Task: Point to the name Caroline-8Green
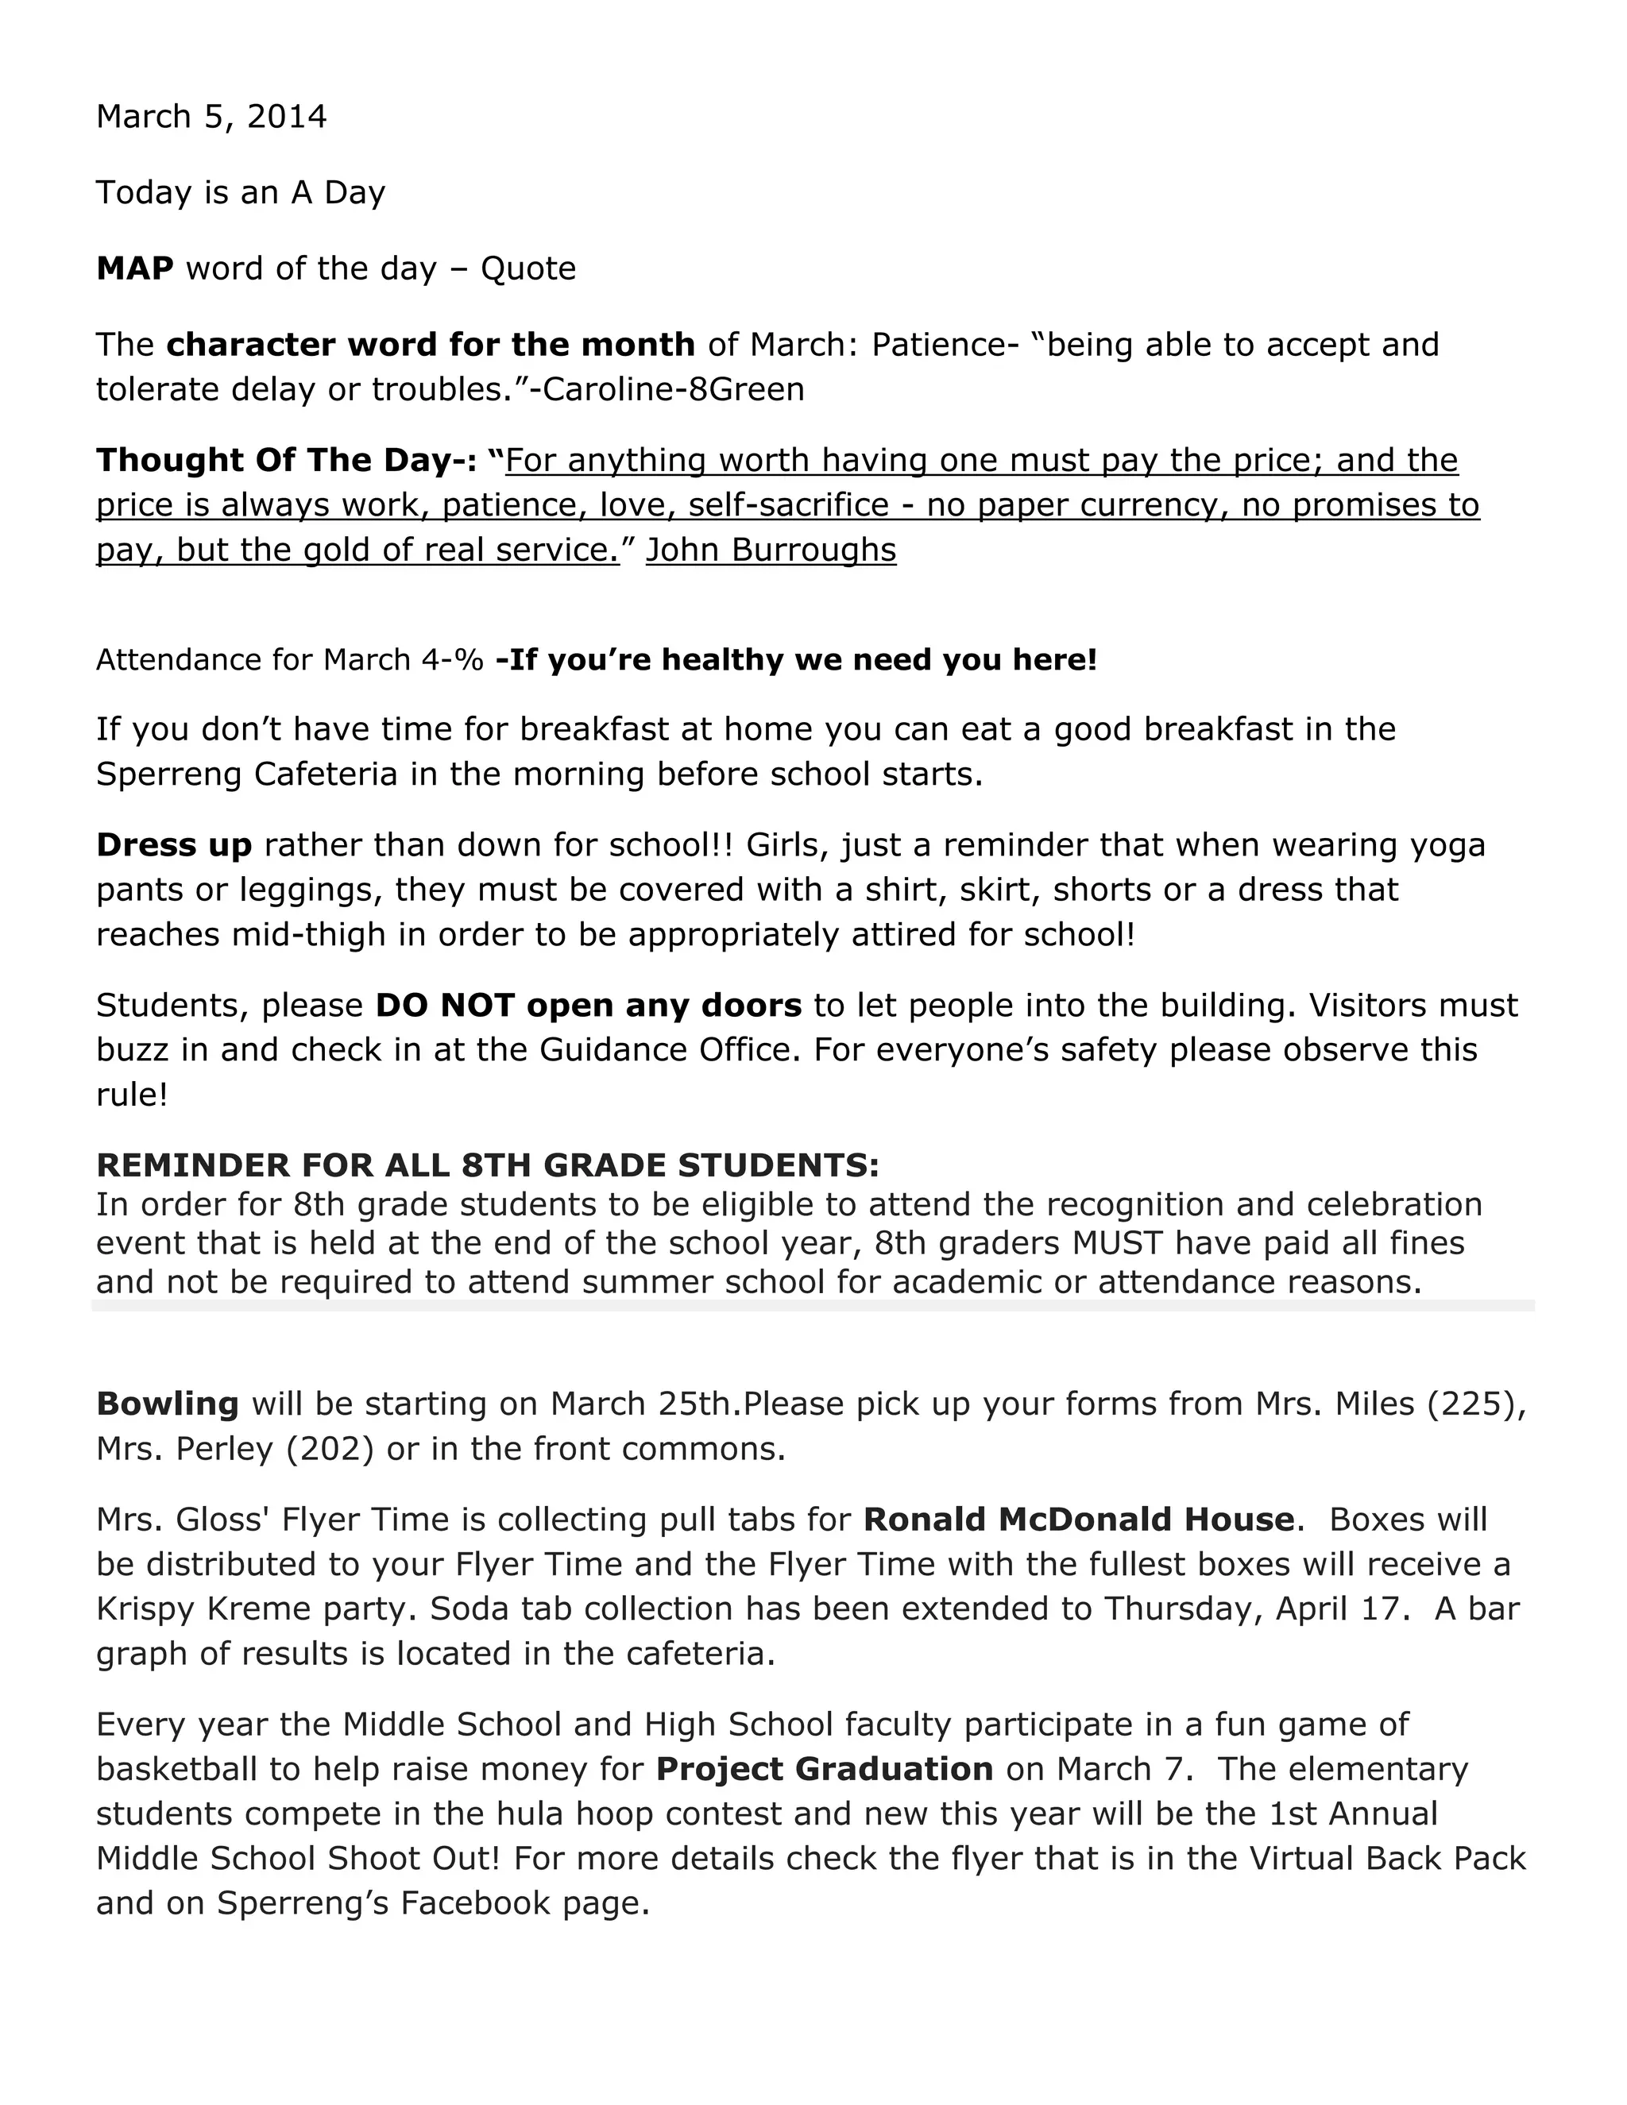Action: (x=674, y=389)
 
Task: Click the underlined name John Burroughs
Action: (x=771, y=550)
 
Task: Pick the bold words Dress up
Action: (x=173, y=845)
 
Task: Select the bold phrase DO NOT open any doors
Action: (x=588, y=1006)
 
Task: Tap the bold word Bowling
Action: (x=167, y=1404)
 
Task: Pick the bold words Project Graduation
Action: (x=824, y=1770)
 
